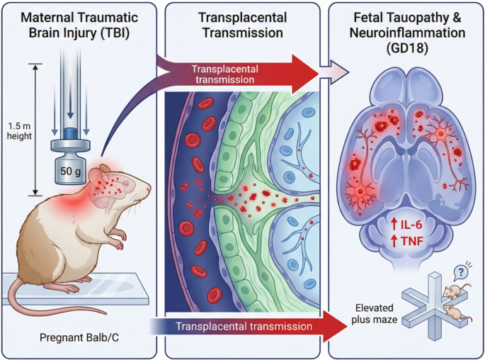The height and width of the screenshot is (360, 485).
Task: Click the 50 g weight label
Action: pyautogui.click(x=71, y=171)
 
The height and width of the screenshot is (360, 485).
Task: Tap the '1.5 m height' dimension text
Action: pyautogui.click(x=20, y=131)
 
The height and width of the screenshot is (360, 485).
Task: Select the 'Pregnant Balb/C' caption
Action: pyautogui.click(x=79, y=337)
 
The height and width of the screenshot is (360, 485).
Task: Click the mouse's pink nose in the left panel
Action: pyautogui.click(x=149, y=189)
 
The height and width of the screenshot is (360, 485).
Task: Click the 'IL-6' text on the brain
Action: pyautogui.click(x=411, y=225)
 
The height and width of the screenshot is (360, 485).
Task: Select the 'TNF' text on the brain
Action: pyautogui.click(x=412, y=241)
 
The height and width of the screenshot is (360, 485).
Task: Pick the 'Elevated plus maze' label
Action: pyautogui.click(x=375, y=313)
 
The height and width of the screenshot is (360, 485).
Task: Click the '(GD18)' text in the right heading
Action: pyautogui.click(x=407, y=49)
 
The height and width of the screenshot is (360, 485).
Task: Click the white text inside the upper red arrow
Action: pyautogui.click(x=225, y=74)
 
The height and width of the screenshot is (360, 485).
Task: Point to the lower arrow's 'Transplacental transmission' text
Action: pyautogui.click(x=244, y=326)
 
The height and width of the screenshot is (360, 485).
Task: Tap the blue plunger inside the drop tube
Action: pyautogui.click(x=71, y=133)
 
